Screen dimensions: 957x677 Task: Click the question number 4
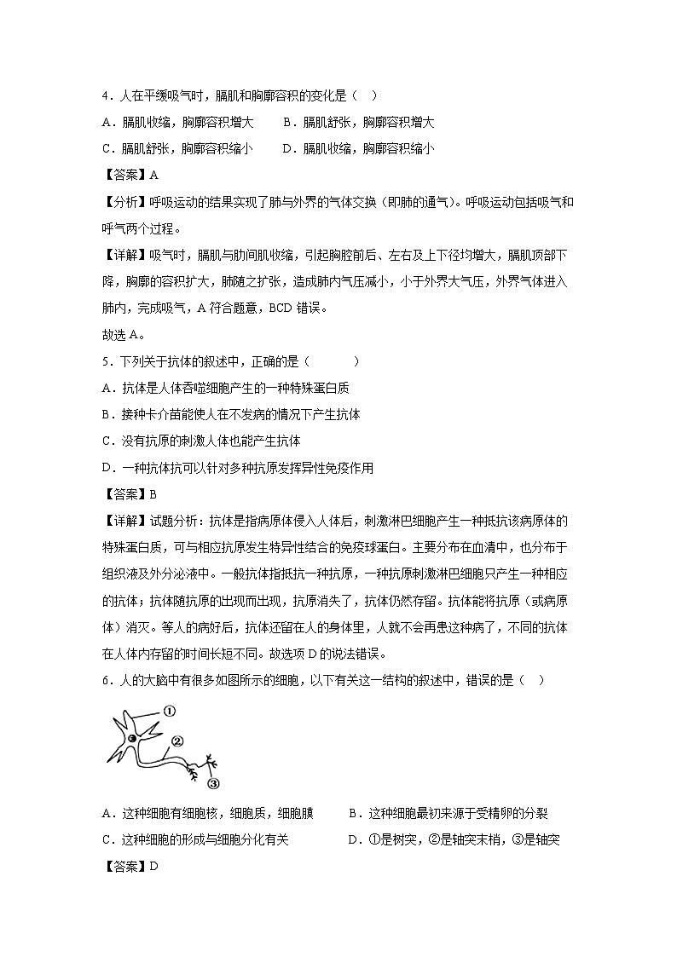tap(106, 97)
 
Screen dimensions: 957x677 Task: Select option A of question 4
tap(176, 123)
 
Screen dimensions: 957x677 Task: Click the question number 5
tap(106, 361)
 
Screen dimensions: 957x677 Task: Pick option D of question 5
tap(237, 467)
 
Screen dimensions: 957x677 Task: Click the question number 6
tap(106, 679)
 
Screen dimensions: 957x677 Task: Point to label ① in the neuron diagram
tap(169, 710)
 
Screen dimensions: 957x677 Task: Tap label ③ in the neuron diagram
tap(214, 783)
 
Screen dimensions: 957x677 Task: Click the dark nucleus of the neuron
tap(132, 740)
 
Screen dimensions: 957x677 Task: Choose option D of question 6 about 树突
tap(454, 840)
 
